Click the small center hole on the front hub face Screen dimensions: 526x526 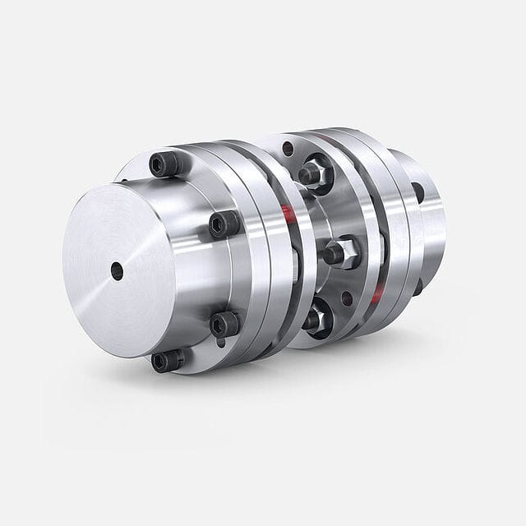pyautogui.click(x=117, y=270)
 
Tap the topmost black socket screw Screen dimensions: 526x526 pyautogui.click(x=164, y=164)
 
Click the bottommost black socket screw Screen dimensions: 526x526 pyautogui.click(x=167, y=360)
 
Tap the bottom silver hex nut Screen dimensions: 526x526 pyautogui.click(x=317, y=319)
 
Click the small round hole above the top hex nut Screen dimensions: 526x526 pyautogui.click(x=288, y=149)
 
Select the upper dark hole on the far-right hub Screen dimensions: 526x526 pyautogui.click(x=418, y=192)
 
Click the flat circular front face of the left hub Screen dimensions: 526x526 pyautogui.click(x=115, y=263)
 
